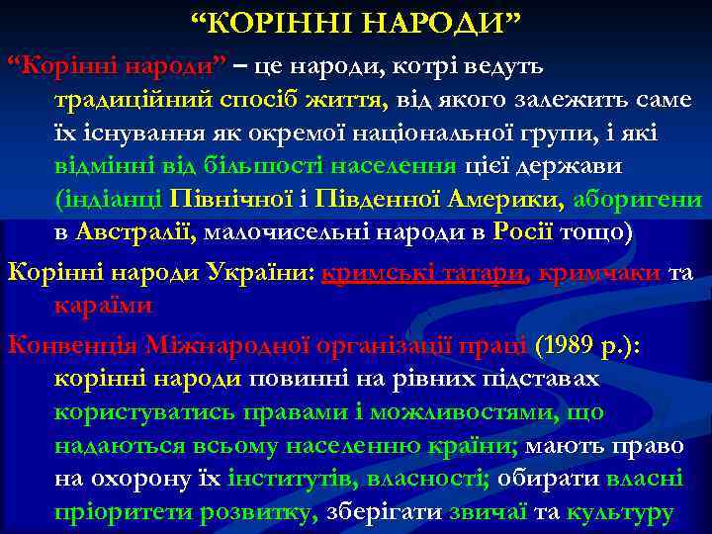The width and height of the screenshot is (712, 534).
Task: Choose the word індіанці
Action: click(x=110, y=199)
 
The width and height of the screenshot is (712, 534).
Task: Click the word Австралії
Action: click(x=137, y=231)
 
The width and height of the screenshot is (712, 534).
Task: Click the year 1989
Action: click(x=565, y=345)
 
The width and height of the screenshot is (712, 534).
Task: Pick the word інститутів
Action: click(x=291, y=480)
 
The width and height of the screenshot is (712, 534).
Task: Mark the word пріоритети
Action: click(x=124, y=513)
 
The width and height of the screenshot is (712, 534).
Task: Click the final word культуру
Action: click(x=619, y=513)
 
